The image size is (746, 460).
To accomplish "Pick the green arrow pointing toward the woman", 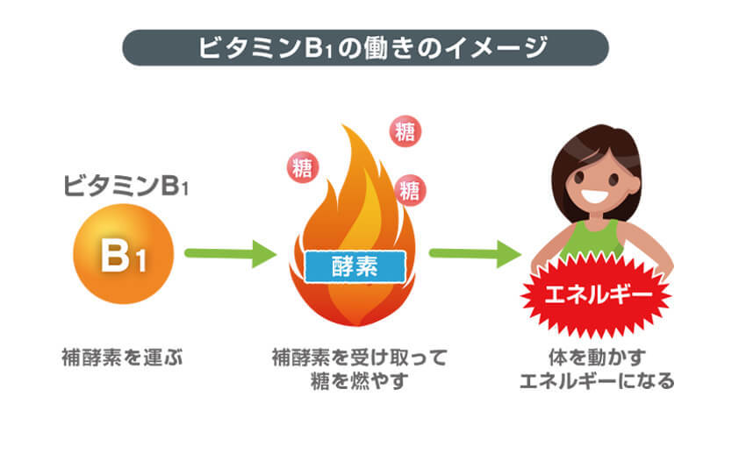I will pyautogui.click(x=475, y=254).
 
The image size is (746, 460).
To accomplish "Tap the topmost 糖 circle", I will pyautogui.click(x=405, y=132).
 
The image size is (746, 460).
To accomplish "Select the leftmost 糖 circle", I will pyautogui.click(x=302, y=167).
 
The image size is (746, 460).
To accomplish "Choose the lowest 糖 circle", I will pyautogui.click(x=407, y=188).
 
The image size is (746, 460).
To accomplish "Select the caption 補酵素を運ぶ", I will pyautogui.click(x=122, y=357).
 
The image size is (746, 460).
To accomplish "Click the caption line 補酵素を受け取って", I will pyautogui.click(x=360, y=357).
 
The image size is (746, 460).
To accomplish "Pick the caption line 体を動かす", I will pyautogui.click(x=596, y=357).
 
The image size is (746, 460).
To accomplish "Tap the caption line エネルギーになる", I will pyautogui.click(x=596, y=381).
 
